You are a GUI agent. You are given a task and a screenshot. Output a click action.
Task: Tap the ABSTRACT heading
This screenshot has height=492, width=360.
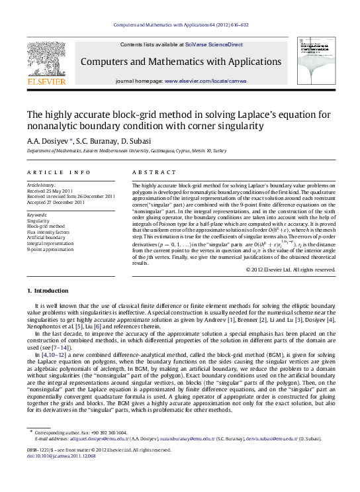146,172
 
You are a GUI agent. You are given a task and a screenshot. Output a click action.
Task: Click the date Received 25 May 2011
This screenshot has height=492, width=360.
51,191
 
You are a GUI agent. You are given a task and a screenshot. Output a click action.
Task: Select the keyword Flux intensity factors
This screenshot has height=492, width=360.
50,232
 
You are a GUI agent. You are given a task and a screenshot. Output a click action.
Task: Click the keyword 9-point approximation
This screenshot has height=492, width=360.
50,250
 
